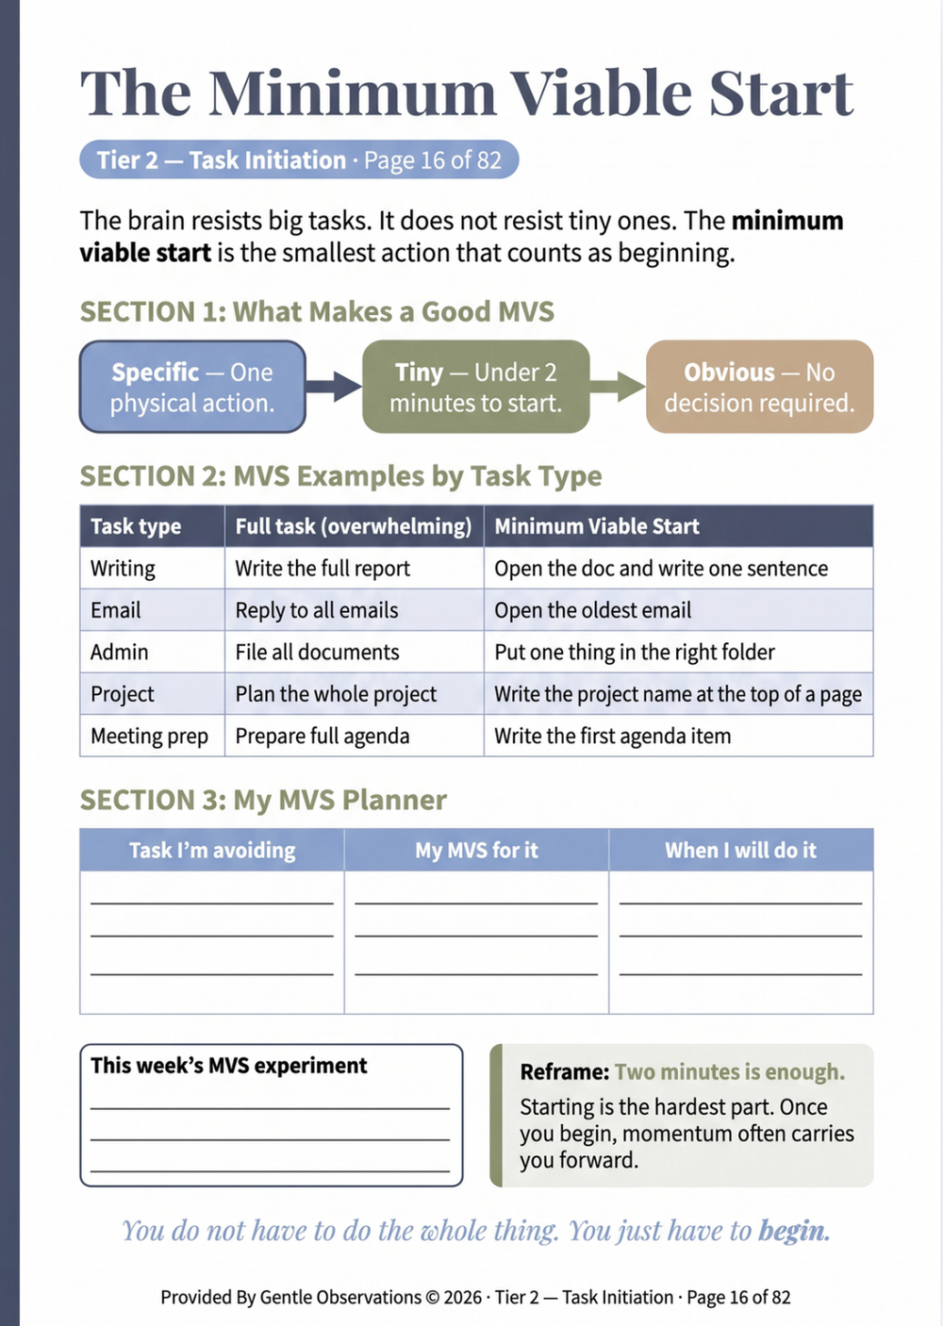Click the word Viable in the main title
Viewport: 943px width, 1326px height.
(601, 93)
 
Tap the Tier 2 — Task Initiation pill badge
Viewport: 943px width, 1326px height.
(299, 159)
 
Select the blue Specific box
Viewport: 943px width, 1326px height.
(192, 387)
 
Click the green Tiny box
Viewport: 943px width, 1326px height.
(476, 387)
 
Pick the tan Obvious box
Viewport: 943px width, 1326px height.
(759, 387)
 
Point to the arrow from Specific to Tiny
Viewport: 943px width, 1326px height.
(334, 387)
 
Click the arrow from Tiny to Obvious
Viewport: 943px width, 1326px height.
(618, 387)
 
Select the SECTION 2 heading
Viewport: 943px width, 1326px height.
(341, 476)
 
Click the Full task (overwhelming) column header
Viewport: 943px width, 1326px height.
(354, 526)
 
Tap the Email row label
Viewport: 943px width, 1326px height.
(115, 610)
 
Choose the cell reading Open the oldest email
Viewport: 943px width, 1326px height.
(592, 610)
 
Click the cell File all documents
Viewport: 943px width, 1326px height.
(317, 653)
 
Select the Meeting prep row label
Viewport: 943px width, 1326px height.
(149, 737)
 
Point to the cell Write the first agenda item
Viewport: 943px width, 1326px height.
(613, 737)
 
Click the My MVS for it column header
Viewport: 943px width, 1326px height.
(476, 850)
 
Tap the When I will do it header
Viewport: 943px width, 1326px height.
(740, 850)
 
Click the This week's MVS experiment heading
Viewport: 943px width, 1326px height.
(229, 1066)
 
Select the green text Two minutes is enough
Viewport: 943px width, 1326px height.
(729, 1072)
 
